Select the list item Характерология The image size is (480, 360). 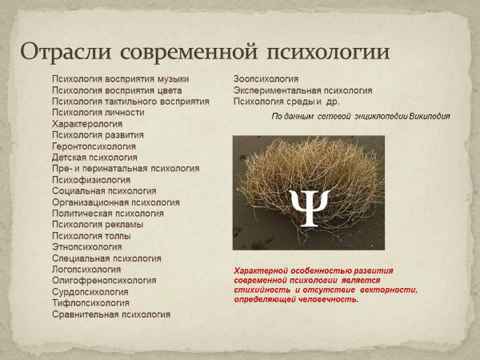click(x=87, y=124)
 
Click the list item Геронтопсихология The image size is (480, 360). click(x=94, y=146)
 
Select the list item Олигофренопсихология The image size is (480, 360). click(x=104, y=281)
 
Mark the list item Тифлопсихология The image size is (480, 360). click(x=90, y=303)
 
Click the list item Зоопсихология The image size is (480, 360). click(x=266, y=79)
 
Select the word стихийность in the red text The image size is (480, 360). click(x=261, y=290)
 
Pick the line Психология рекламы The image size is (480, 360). click(x=98, y=225)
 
